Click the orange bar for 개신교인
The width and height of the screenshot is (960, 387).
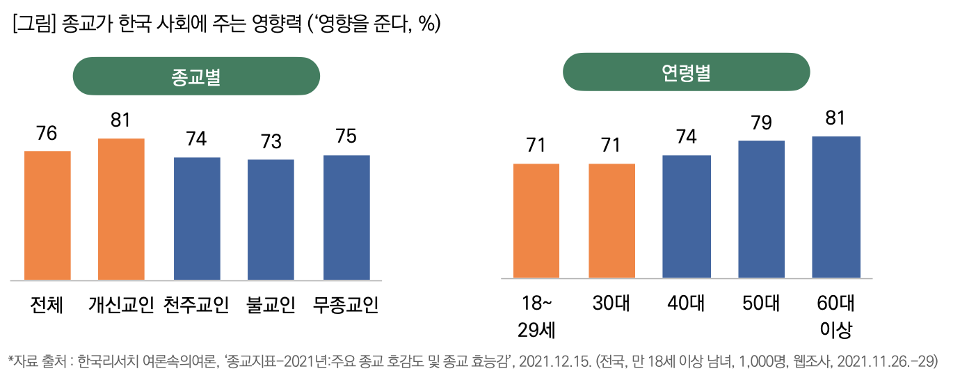(121, 209)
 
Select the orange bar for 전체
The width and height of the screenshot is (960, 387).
(47, 215)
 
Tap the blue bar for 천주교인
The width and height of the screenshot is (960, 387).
(197, 219)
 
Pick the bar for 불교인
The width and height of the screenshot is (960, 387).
(271, 219)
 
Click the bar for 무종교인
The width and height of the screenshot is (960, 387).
(346, 217)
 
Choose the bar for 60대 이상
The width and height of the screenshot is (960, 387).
(836, 207)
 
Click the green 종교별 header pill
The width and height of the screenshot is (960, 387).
(196, 76)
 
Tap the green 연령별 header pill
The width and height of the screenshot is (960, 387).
(686, 72)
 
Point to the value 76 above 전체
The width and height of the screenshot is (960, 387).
(47, 134)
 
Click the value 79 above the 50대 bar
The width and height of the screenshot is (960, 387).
(761, 123)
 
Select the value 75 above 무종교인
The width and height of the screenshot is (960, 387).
(346, 136)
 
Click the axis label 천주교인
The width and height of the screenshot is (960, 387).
(196, 305)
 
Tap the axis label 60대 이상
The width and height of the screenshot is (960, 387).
(835, 316)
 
